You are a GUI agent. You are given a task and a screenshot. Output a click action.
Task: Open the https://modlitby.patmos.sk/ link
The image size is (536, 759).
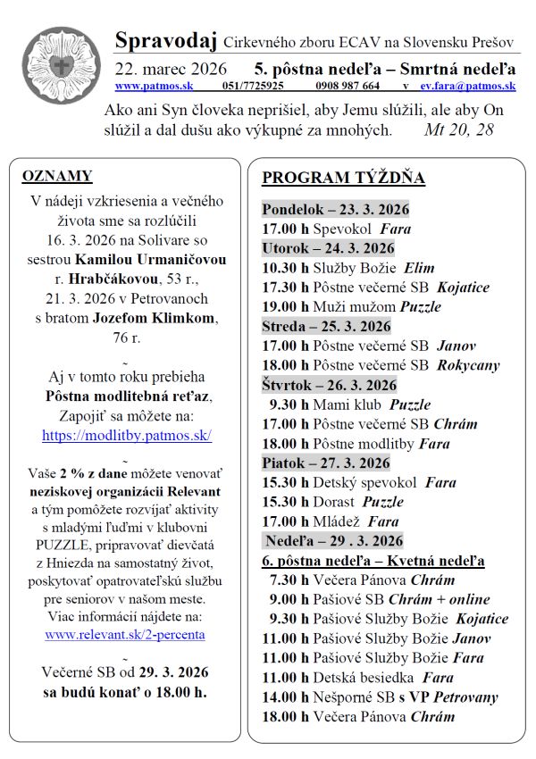[126, 436]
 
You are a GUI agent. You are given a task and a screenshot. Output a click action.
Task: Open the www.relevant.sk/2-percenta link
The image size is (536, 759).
[125, 634]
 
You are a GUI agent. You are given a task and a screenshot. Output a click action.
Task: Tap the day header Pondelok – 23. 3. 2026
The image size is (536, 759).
[335, 209]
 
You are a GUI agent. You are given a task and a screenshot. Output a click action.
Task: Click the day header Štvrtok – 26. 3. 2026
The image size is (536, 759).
[329, 385]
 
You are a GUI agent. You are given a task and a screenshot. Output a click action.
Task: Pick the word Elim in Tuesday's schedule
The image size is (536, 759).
[419, 267]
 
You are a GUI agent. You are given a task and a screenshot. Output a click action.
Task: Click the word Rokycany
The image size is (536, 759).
[469, 365]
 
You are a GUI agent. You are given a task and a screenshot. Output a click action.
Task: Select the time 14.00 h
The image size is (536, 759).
[284, 696]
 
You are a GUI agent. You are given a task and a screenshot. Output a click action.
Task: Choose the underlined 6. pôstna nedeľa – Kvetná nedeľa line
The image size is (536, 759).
[373, 561]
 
